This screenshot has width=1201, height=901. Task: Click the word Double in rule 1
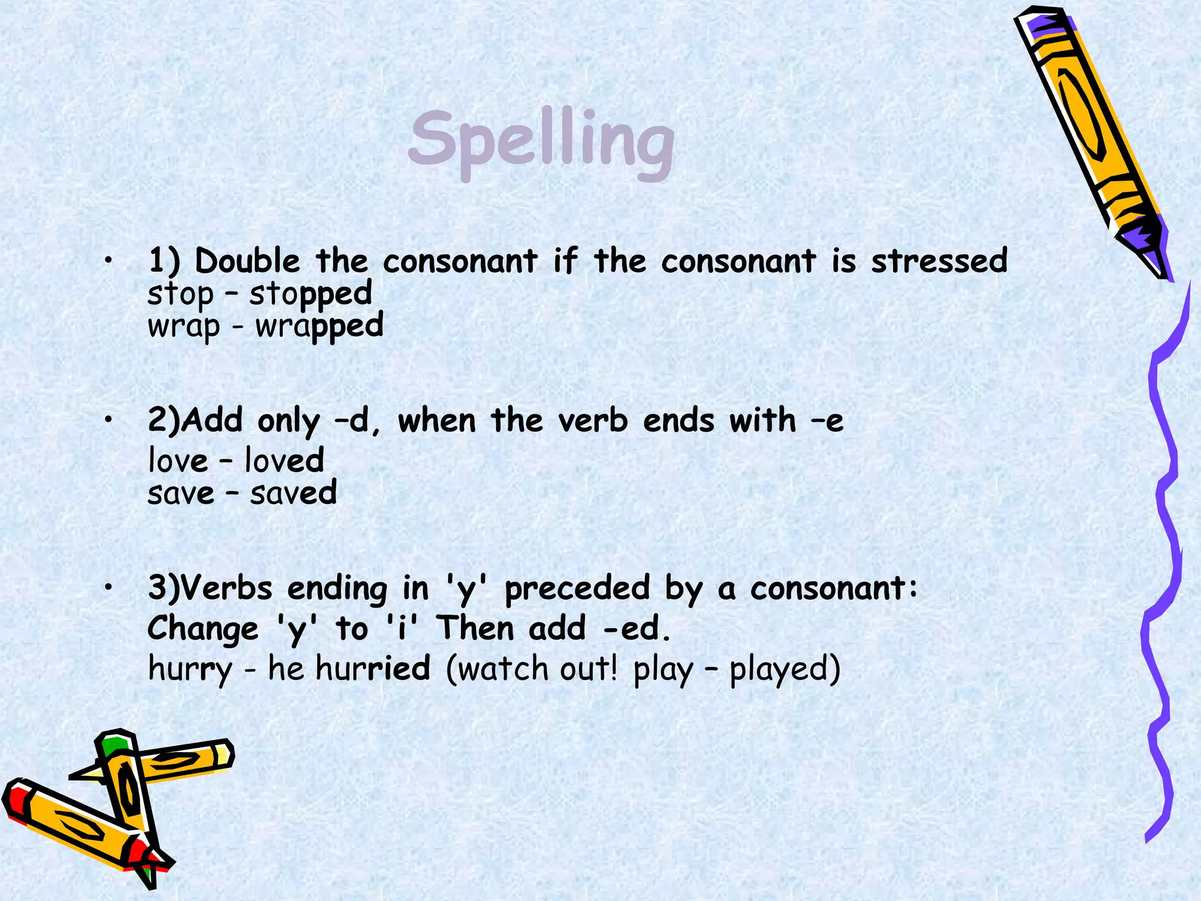click(247, 261)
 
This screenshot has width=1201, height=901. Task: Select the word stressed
click(939, 261)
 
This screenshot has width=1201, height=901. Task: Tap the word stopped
click(310, 294)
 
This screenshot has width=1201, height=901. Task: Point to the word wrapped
click(319, 327)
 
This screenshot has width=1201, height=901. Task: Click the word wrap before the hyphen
click(184, 327)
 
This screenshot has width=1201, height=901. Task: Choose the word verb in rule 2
click(592, 421)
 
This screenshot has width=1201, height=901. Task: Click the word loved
click(284, 460)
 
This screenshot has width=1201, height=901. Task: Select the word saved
click(293, 493)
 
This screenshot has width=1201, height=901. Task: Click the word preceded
click(577, 588)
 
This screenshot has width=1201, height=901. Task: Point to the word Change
click(202, 629)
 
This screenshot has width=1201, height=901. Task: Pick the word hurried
click(373, 669)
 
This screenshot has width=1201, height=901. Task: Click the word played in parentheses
click(784, 669)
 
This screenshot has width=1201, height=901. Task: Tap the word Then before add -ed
click(476, 629)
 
